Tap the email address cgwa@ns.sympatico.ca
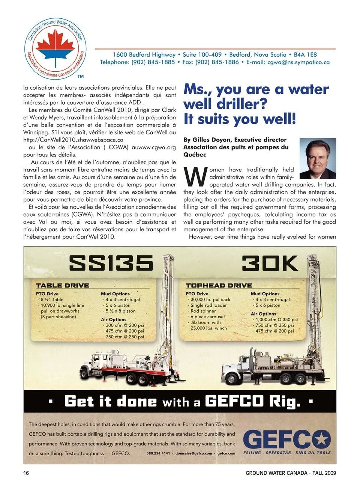coord(298,62)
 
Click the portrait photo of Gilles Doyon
coord(318,158)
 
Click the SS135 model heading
coord(111,263)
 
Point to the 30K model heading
coord(270,263)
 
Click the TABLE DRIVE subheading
coord(63,286)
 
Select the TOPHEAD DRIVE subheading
coord(219,286)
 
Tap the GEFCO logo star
coord(321,439)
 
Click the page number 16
coord(26,473)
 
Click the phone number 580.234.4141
coord(158,453)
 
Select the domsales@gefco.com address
coord(193,453)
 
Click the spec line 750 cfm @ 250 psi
coord(124,337)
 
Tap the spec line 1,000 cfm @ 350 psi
coord(276,319)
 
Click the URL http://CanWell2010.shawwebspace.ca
coord(73,140)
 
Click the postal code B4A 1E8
coord(305,55)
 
